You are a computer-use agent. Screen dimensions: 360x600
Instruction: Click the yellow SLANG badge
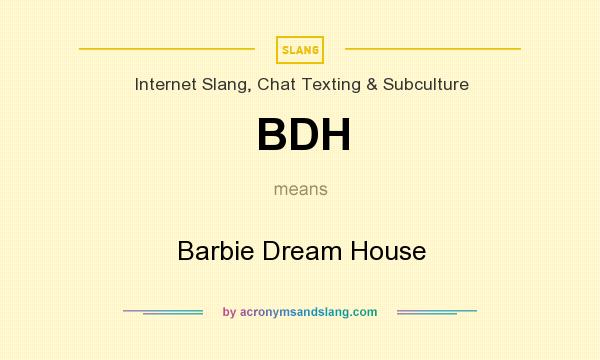[x=300, y=49]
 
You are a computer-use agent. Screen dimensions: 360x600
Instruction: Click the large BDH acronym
[x=303, y=134]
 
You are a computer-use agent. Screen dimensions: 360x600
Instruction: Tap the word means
[x=300, y=188]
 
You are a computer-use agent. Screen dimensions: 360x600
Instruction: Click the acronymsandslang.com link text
[x=309, y=312]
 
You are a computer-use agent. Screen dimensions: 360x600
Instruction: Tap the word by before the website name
[x=229, y=312]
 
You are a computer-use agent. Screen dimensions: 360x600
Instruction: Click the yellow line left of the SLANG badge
[x=167, y=48]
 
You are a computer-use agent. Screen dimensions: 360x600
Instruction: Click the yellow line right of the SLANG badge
[x=432, y=48]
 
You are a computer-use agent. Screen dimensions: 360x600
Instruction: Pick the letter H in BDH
[x=334, y=134]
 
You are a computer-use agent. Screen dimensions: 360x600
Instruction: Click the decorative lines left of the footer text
[x=163, y=312]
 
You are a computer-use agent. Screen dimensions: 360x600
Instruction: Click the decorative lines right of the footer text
[x=437, y=312]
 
